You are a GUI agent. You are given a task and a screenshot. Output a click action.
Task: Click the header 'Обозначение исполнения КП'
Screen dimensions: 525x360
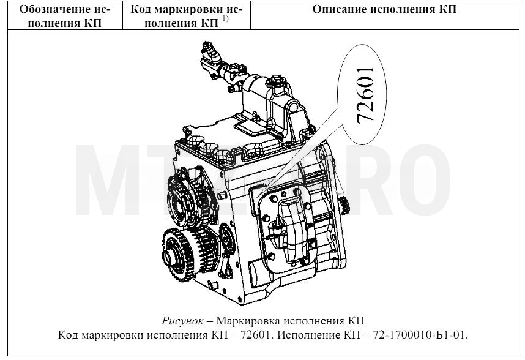[65, 16]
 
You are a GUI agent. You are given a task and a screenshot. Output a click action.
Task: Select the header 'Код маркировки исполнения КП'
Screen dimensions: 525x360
[186, 16]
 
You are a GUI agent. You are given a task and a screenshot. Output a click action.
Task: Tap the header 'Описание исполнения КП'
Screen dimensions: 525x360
[384, 9]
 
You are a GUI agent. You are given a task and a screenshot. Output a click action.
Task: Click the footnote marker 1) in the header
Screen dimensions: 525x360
[225, 19]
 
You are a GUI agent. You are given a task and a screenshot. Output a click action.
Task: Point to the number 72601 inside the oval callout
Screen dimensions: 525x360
[365, 96]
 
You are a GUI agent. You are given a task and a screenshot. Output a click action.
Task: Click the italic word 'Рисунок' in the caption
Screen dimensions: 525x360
[182, 321]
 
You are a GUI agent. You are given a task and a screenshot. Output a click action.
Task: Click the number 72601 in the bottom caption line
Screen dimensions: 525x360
[255, 335]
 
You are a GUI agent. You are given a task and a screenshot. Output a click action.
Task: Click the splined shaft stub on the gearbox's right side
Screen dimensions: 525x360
[344, 205]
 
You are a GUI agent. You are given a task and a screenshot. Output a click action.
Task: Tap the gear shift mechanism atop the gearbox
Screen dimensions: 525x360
[255, 93]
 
